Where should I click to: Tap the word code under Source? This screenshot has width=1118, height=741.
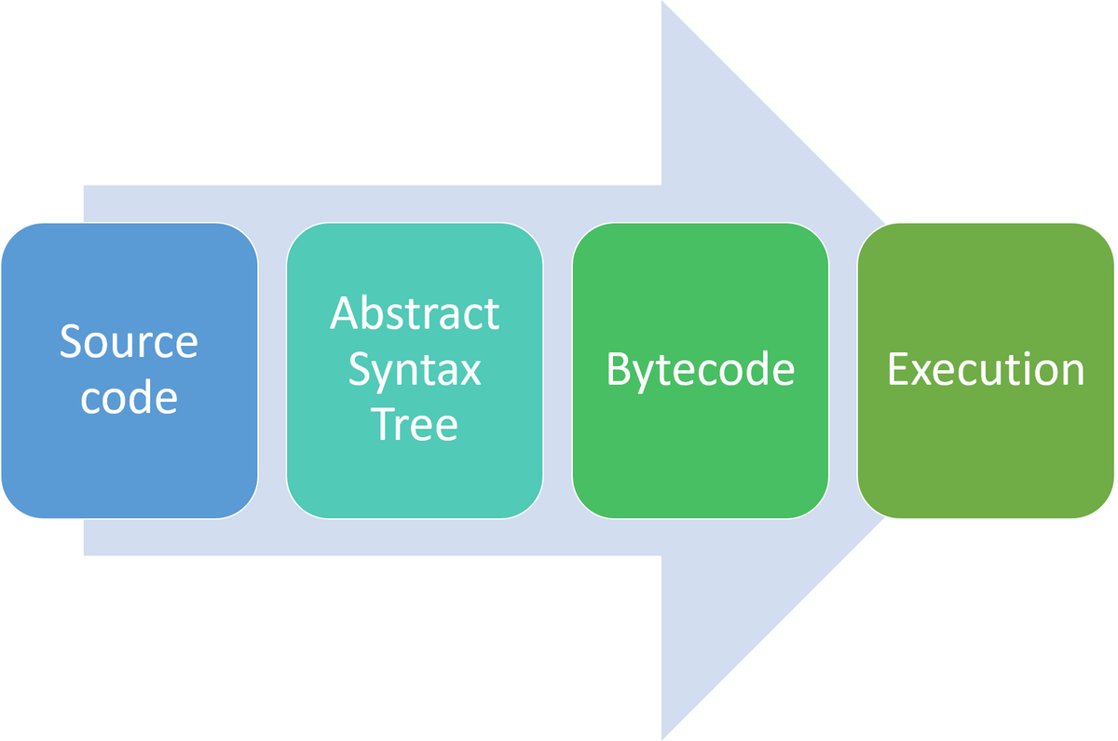pyautogui.click(x=129, y=397)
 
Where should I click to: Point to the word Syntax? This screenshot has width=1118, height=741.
pyautogui.click(x=415, y=369)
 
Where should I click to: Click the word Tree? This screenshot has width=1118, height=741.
pyautogui.click(x=415, y=424)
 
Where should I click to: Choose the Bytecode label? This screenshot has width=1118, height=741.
pyautogui.click(x=700, y=369)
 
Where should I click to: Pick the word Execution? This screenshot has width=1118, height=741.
pyautogui.click(x=986, y=369)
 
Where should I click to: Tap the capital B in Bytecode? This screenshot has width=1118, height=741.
pyautogui.click(x=618, y=369)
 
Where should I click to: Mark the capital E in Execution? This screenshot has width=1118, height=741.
pyautogui.click(x=897, y=369)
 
